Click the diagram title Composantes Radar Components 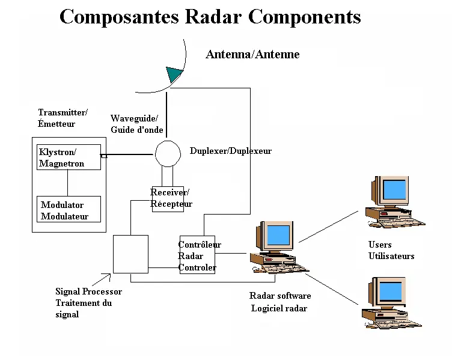pyautogui.click(x=210, y=17)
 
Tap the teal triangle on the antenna pyautogui.click(x=174, y=75)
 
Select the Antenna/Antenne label pyautogui.click(x=252, y=55)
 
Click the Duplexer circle pyautogui.click(x=168, y=154)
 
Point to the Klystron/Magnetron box pyautogui.click(x=69, y=157)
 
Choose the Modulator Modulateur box pyautogui.click(x=69, y=210)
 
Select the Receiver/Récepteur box pyautogui.click(x=168, y=198)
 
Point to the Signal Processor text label pyautogui.click(x=88, y=302)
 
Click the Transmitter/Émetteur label pyautogui.click(x=63, y=118)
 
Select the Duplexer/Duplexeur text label pyautogui.click(x=230, y=151)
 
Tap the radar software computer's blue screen pyautogui.click(x=278, y=234)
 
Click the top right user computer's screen pyautogui.click(x=394, y=189)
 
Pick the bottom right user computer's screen pyautogui.click(x=394, y=291)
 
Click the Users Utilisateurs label pyautogui.click(x=391, y=250)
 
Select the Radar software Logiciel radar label pyautogui.click(x=279, y=302)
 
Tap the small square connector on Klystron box pyautogui.click(x=103, y=156)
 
